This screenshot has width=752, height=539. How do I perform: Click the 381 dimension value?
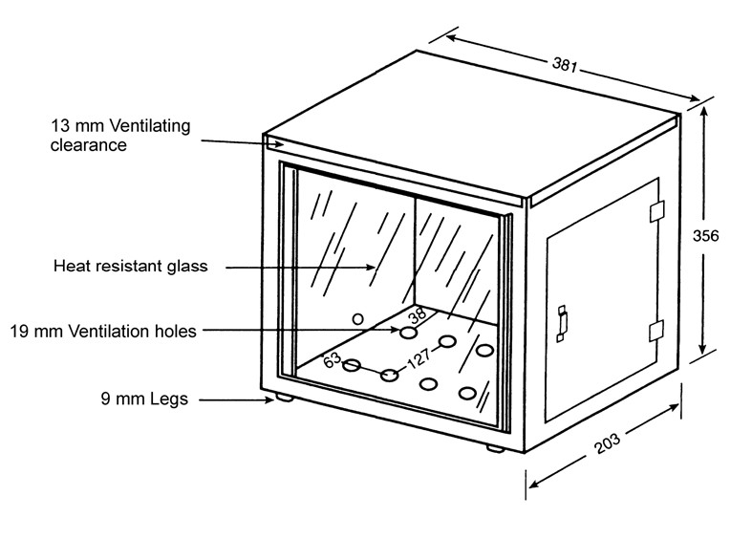(x=565, y=64)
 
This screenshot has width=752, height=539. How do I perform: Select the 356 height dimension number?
(x=706, y=235)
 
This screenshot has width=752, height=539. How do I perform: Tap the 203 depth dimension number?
(x=607, y=443)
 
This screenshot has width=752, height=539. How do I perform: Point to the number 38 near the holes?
(x=418, y=314)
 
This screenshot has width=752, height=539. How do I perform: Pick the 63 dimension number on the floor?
(x=332, y=359)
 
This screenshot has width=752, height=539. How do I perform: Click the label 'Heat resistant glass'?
(x=131, y=266)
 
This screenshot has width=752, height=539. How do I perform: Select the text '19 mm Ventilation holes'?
(x=103, y=332)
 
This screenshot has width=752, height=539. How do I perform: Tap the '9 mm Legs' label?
(x=144, y=399)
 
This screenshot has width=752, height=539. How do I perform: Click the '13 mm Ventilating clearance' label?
(x=120, y=136)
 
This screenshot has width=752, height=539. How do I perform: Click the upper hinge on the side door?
(x=656, y=211)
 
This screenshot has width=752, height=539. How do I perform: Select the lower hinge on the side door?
(x=656, y=331)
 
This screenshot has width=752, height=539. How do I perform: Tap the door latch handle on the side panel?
(x=562, y=324)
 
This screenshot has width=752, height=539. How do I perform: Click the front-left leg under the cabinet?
(x=284, y=397)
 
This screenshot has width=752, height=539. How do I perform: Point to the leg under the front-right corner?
(x=495, y=449)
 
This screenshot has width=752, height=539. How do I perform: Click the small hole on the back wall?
(x=357, y=318)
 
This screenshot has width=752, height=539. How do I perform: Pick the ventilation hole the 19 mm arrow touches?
(x=409, y=333)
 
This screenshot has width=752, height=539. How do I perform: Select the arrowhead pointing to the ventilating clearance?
(x=278, y=143)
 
